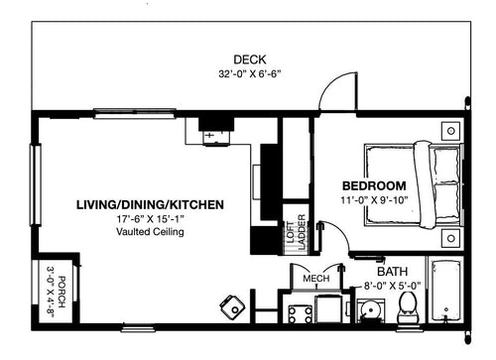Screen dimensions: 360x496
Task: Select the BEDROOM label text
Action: tap(374, 185)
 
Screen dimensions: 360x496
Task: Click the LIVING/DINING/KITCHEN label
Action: tap(150, 204)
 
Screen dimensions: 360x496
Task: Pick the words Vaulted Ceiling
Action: tap(150, 232)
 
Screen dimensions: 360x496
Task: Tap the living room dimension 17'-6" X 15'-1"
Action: tap(150, 218)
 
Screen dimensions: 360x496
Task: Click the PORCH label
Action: tap(61, 291)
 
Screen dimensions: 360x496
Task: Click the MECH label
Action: tap(315, 279)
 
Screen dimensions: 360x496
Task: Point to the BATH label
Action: tap(391, 271)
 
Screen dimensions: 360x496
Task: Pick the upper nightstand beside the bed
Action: tap(449, 130)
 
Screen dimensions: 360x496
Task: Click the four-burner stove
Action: tap(299, 314)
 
